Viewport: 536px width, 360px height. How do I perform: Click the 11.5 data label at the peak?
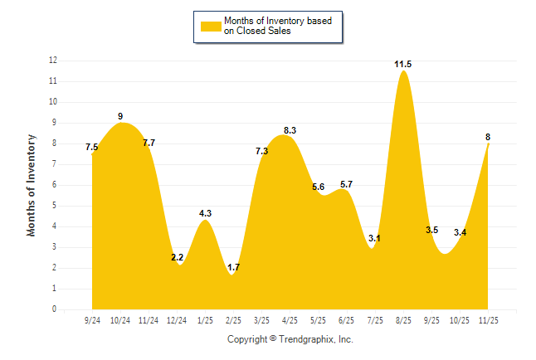pyautogui.click(x=403, y=64)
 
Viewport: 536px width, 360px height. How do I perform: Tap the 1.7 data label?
pyautogui.click(x=233, y=267)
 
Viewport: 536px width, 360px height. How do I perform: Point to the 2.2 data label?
pyautogui.click(x=178, y=257)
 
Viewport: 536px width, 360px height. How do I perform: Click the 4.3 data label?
pyautogui.click(x=205, y=213)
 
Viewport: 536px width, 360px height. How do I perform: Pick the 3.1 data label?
pyautogui.click(x=374, y=238)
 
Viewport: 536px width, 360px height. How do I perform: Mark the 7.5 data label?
pyautogui.click(x=92, y=148)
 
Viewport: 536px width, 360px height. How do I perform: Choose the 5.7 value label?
pyautogui.click(x=347, y=184)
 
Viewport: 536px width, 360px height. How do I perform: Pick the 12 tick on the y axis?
pyautogui.click(x=52, y=61)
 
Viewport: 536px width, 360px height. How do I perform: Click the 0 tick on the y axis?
pyautogui.click(x=54, y=309)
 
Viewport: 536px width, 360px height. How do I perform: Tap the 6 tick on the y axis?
pyautogui.click(x=54, y=185)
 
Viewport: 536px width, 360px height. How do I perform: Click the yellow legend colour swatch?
pyautogui.click(x=211, y=27)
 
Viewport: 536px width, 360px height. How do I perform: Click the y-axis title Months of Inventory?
pyautogui.click(x=32, y=185)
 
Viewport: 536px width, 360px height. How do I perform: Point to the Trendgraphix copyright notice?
pyautogui.click(x=290, y=339)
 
